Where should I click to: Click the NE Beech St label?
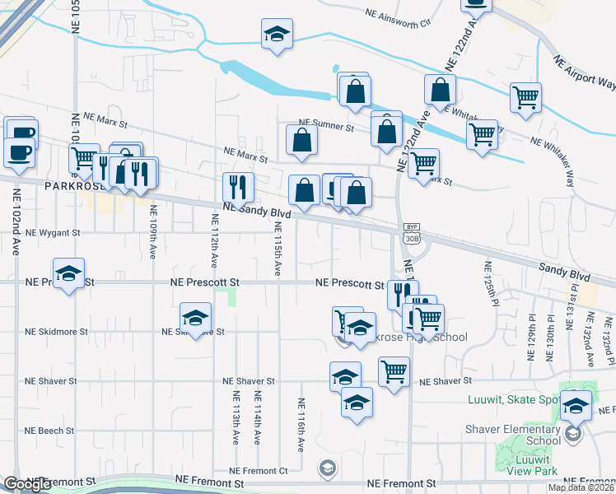(49, 431)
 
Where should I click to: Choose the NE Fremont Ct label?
(265, 470)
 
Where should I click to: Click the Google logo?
(26, 485)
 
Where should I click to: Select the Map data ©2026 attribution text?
(581, 487)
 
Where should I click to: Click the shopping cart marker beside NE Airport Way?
(525, 97)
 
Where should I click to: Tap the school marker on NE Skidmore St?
(196, 319)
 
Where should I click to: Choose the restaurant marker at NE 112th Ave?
(239, 188)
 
